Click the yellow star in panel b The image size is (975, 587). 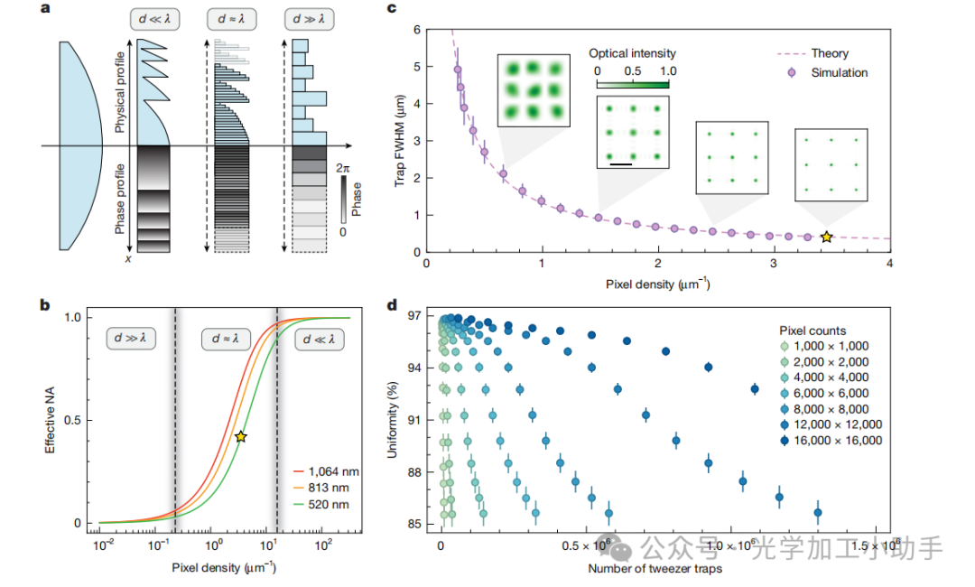point(240,436)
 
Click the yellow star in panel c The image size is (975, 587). point(826,237)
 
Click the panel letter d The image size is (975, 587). point(393,305)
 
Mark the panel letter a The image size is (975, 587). point(45,10)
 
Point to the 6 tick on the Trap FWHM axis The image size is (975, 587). point(416,30)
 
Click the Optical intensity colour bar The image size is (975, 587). point(632,84)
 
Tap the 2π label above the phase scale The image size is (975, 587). point(340,167)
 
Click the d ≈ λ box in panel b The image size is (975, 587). point(226,339)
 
